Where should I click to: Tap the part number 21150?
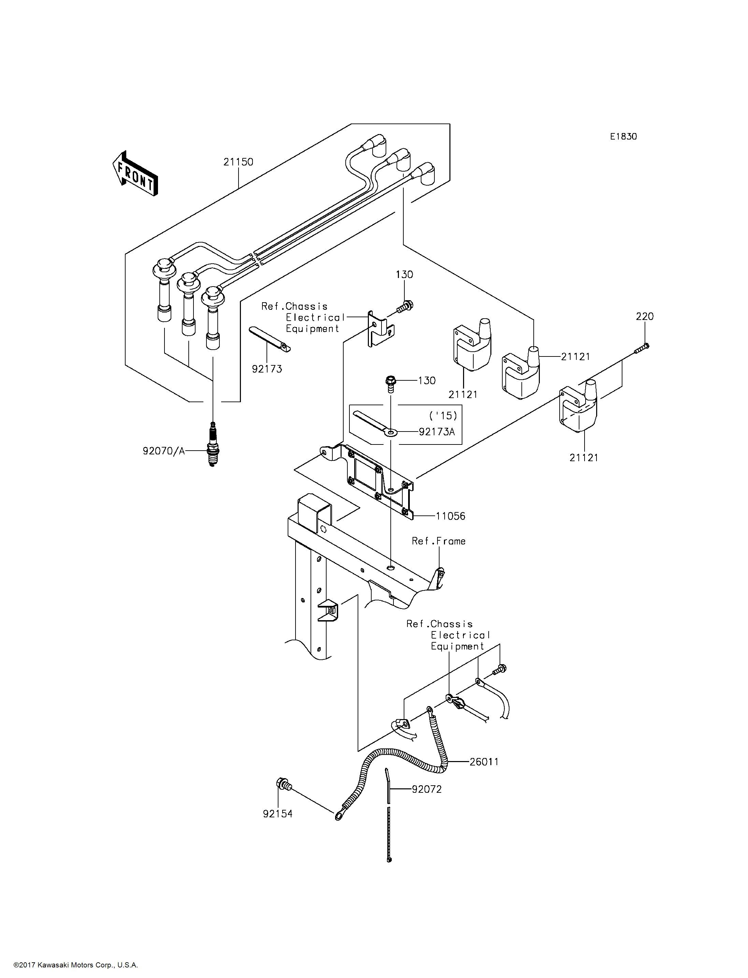tap(238, 162)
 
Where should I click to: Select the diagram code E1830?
tap(623, 137)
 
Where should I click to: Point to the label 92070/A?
tap(163, 451)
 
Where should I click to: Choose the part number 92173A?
tap(437, 432)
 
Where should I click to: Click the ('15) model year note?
tap(443, 416)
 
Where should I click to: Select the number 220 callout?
tap(645, 317)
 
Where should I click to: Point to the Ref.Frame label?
tap(438, 541)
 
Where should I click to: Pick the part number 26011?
tap(484, 762)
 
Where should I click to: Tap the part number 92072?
tap(427, 789)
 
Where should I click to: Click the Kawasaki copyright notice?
tap(76, 965)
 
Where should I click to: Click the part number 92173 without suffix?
tap(267, 369)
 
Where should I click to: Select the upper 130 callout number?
tap(404, 275)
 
